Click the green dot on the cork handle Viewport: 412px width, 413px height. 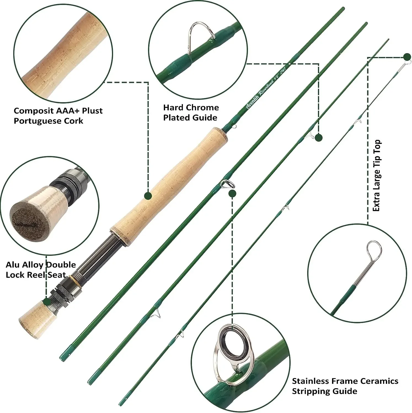[148, 196]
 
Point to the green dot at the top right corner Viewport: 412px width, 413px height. [407, 57]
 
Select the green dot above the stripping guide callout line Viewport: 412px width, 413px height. [232, 194]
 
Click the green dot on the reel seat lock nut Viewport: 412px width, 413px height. [47, 301]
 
